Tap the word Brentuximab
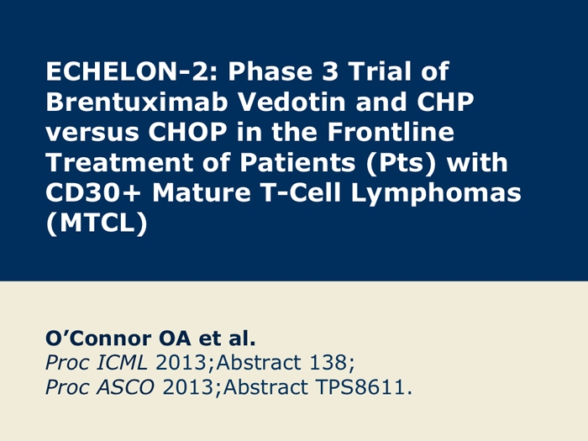coord(137,102)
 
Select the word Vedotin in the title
coord(292,102)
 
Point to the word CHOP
coord(187,132)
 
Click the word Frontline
coord(391,132)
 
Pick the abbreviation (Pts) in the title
coord(402,163)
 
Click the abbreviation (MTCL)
coord(97,224)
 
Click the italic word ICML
coord(122,363)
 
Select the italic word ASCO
coord(126,387)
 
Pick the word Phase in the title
coord(270,71)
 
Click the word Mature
coord(202,192)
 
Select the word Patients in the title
coord(297,162)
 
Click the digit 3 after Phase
coord(330,71)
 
